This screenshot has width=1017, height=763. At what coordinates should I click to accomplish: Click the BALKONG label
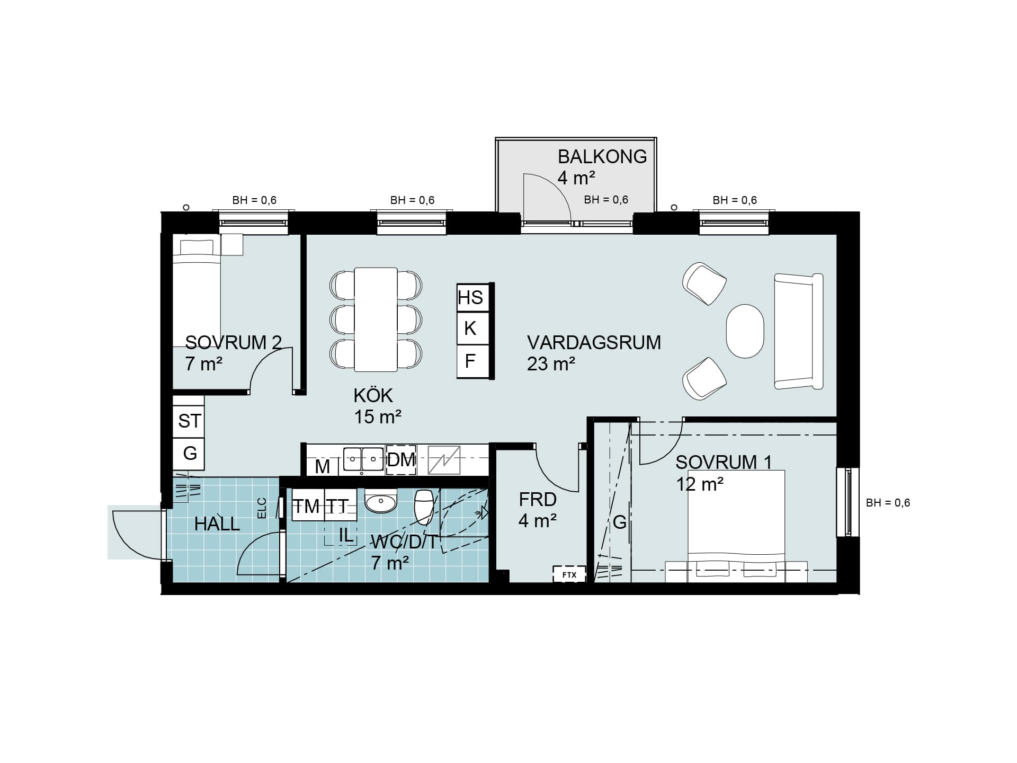[602, 157]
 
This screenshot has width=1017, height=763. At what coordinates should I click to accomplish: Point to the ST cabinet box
[189, 421]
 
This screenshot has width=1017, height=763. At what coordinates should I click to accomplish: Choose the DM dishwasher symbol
[401, 460]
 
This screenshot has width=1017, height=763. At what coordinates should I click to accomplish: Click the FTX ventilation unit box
[569, 574]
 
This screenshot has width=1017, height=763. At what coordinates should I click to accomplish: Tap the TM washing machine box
[308, 506]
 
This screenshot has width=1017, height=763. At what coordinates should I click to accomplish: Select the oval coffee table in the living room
[745, 331]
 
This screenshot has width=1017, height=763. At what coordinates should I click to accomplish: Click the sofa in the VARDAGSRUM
[799, 332]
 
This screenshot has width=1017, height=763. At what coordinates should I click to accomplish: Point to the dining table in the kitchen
[376, 320]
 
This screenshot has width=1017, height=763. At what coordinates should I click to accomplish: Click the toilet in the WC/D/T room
[424, 505]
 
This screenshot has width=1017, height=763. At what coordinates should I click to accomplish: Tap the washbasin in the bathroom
[381, 501]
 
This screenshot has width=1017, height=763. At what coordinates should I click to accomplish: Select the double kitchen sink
[363, 459]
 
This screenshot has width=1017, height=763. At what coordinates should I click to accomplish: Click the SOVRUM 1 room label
[724, 463]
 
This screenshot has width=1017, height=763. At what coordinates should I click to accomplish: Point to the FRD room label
[538, 500]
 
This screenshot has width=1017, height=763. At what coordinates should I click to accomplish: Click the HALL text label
[217, 524]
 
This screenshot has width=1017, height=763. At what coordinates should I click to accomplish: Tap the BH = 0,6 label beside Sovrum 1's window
[888, 503]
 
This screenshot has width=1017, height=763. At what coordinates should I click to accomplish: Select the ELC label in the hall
[261, 508]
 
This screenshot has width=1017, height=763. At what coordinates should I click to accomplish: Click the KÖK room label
[373, 395]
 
